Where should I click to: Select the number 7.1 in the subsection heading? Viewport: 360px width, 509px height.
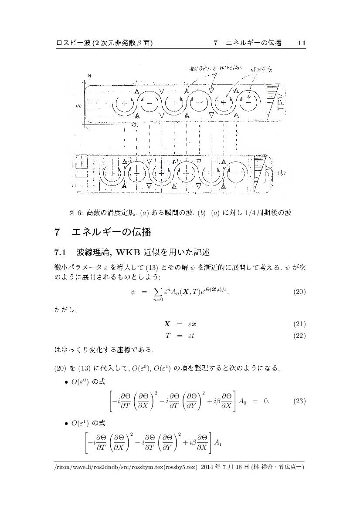tap(60, 252)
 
